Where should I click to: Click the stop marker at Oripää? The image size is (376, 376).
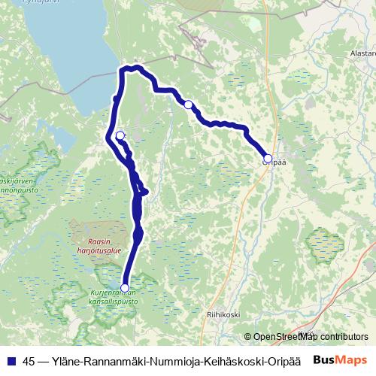coord(268,158)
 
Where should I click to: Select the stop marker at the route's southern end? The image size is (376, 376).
coord(125,288)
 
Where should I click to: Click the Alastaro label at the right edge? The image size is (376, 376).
coord(362,54)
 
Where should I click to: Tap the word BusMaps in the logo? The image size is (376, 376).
coord(340,360)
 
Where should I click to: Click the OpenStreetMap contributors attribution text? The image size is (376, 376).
coord(311,336)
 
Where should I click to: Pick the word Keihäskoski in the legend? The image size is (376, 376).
coord(224,360)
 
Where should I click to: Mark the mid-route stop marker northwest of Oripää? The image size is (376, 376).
coord(189,105)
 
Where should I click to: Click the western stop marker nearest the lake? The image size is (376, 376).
coord(120,136)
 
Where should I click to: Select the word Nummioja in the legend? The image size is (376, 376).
coord(169,360)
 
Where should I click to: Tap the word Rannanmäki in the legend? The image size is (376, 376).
coord(117,360)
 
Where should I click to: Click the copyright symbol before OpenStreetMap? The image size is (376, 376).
coord(249,336)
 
